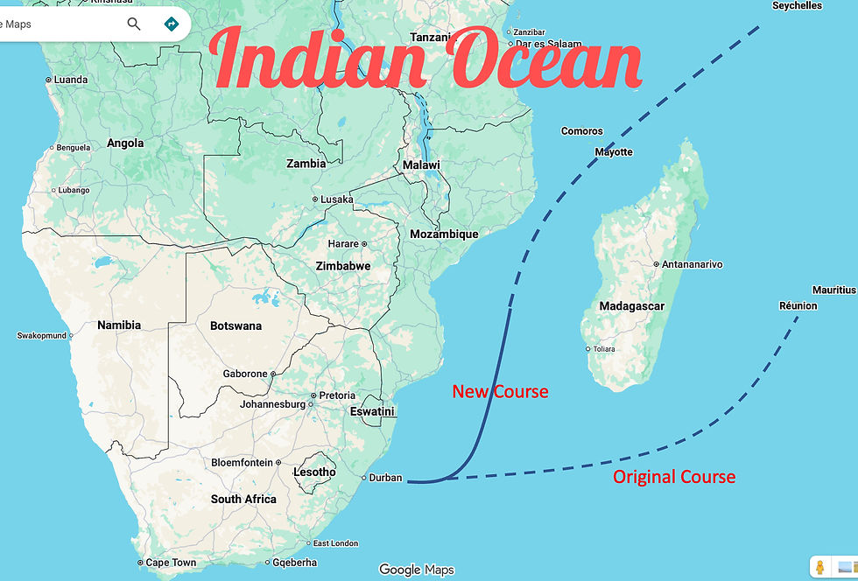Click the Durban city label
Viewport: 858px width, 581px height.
(385, 478)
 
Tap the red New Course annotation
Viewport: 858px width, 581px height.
(500, 391)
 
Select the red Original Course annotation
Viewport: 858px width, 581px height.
(673, 477)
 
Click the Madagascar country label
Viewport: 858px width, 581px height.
(631, 306)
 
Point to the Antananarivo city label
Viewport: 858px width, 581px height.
(692, 264)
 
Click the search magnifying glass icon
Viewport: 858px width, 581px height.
(134, 24)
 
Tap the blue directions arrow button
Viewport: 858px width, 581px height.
(171, 24)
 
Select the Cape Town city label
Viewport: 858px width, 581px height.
(171, 563)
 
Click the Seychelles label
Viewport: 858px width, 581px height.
(797, 6)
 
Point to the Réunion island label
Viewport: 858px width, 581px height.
(798, 305)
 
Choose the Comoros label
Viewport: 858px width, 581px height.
(581, 131)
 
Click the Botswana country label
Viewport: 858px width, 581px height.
(236, 326)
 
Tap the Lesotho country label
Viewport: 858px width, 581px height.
(314, 472)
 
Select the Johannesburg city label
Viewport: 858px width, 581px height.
(272, 404)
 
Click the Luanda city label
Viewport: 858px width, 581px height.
(70, 80)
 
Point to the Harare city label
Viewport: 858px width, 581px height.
(343, 244)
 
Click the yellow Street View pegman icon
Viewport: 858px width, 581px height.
(819, 566)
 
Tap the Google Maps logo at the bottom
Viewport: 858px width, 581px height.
(417, 570)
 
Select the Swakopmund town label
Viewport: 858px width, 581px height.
(41, 335)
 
